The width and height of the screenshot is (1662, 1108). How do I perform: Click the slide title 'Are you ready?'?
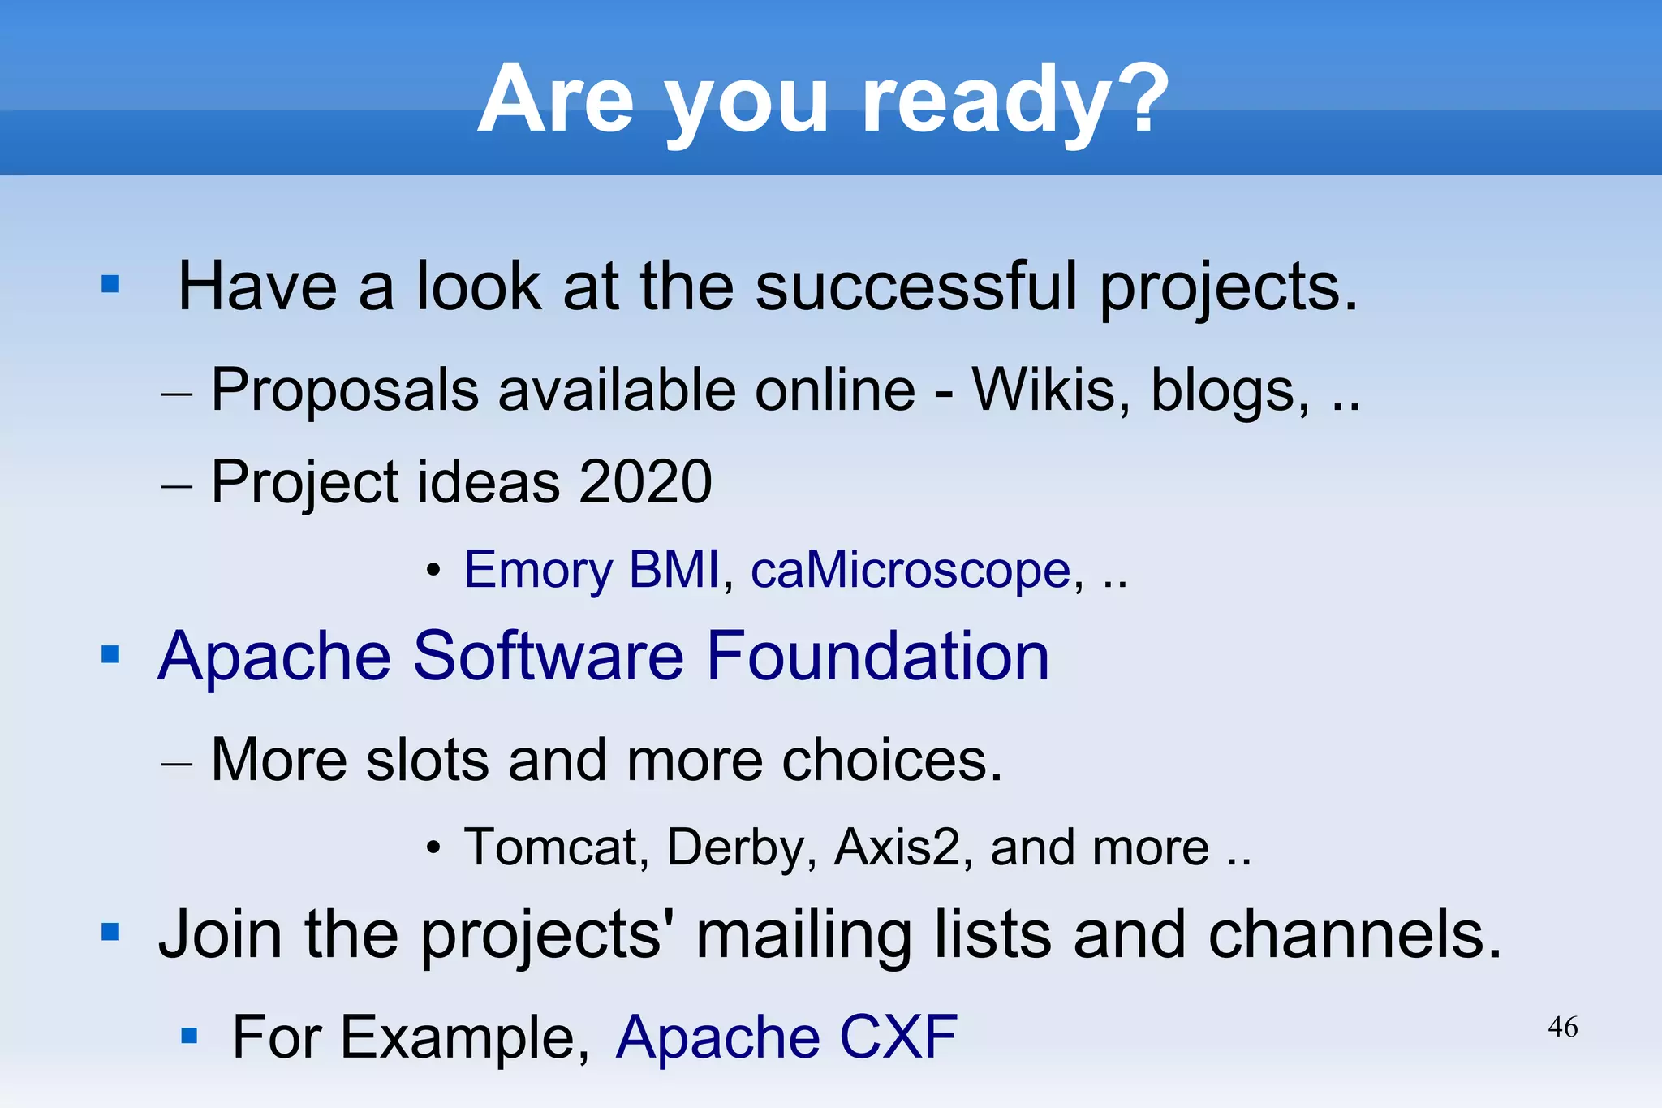823,100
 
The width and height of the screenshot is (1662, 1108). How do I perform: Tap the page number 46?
1562,1027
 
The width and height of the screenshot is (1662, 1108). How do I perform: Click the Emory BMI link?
591,570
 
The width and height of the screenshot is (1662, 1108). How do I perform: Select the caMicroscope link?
910,570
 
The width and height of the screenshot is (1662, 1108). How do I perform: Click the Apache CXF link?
786,1037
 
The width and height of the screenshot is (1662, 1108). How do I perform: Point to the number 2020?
645,481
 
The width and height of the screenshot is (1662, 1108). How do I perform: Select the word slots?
428,760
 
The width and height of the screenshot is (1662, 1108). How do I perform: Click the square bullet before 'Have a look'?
110,284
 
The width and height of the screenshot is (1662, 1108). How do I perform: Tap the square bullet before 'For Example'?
189,1036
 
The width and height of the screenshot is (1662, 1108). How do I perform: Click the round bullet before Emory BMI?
434,571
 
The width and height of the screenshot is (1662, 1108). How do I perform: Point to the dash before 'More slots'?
176,763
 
